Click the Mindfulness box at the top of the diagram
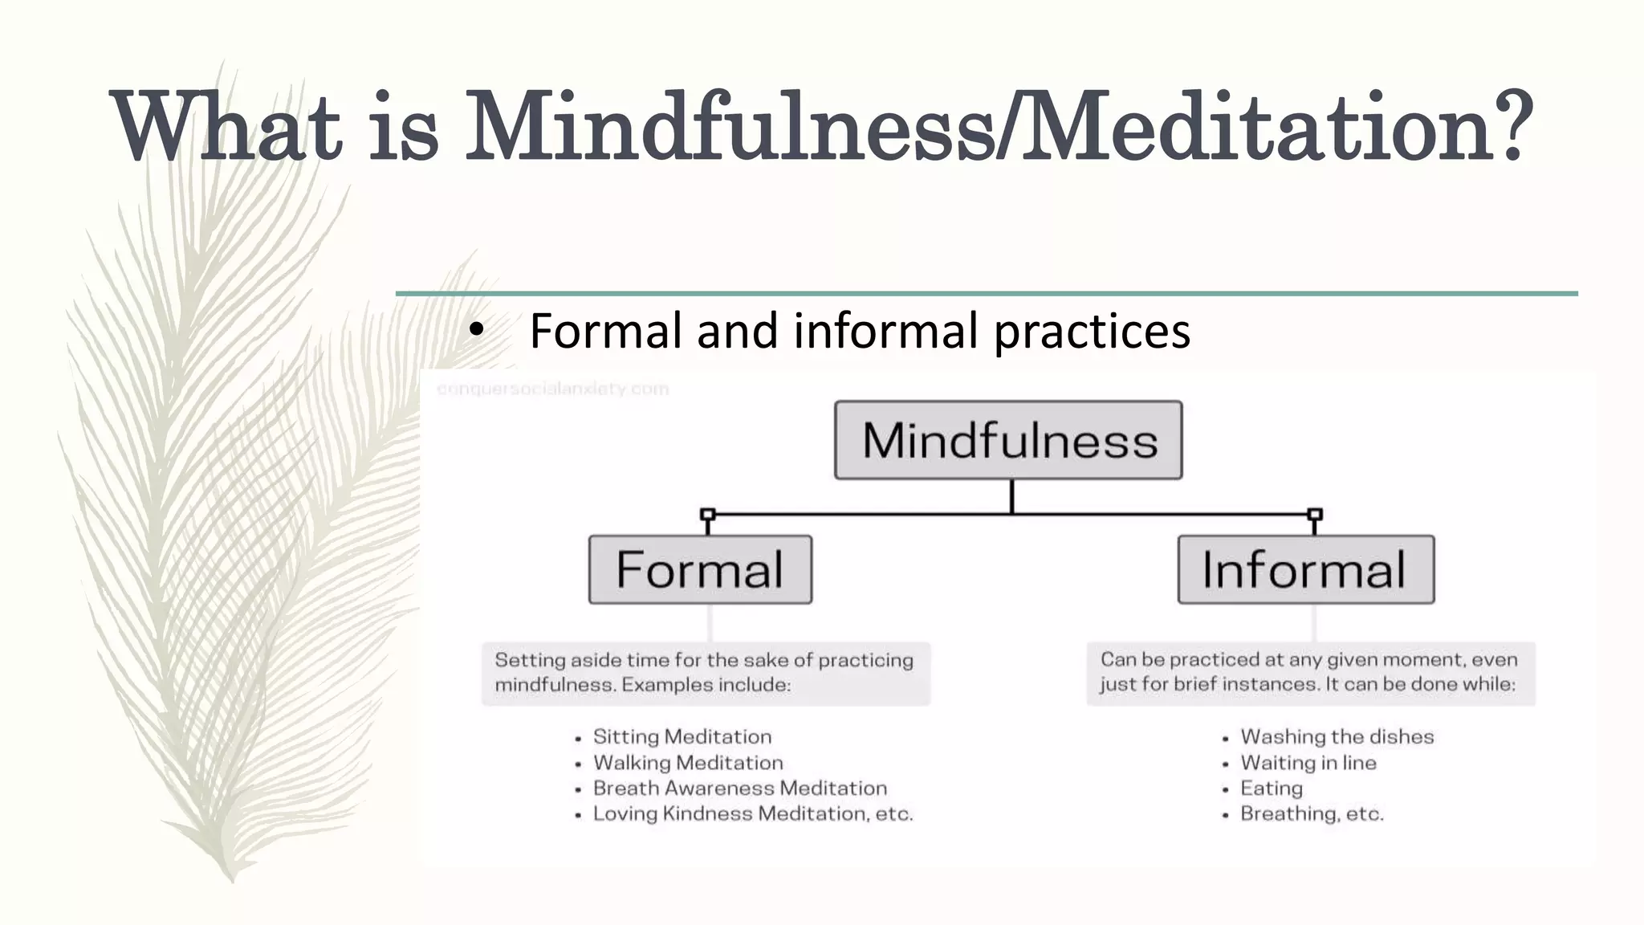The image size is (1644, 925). point(1008,440)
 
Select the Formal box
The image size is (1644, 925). point(700,569)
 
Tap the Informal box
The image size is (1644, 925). point(1305,569)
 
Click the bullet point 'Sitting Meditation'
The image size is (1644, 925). point(682,736)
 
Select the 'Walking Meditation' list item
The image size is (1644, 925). point(687,762)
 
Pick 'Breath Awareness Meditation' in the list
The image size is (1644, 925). point(739,788)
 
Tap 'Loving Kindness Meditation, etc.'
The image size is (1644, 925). point(752,813)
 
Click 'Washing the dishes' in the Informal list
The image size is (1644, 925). point(1337,736)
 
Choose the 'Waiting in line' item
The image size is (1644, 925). point(1308,762)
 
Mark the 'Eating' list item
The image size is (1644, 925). point(1271,788)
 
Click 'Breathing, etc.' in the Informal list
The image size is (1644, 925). point(1312,813)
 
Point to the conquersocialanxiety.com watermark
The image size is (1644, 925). point(552,389)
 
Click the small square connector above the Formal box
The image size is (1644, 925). point(707,514)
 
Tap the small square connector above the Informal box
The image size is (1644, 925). point(1315,514)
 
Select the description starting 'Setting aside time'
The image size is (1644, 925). point(705,672)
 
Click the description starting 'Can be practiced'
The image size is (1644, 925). point(1309,671)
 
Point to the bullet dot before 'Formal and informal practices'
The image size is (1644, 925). point(477,330)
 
